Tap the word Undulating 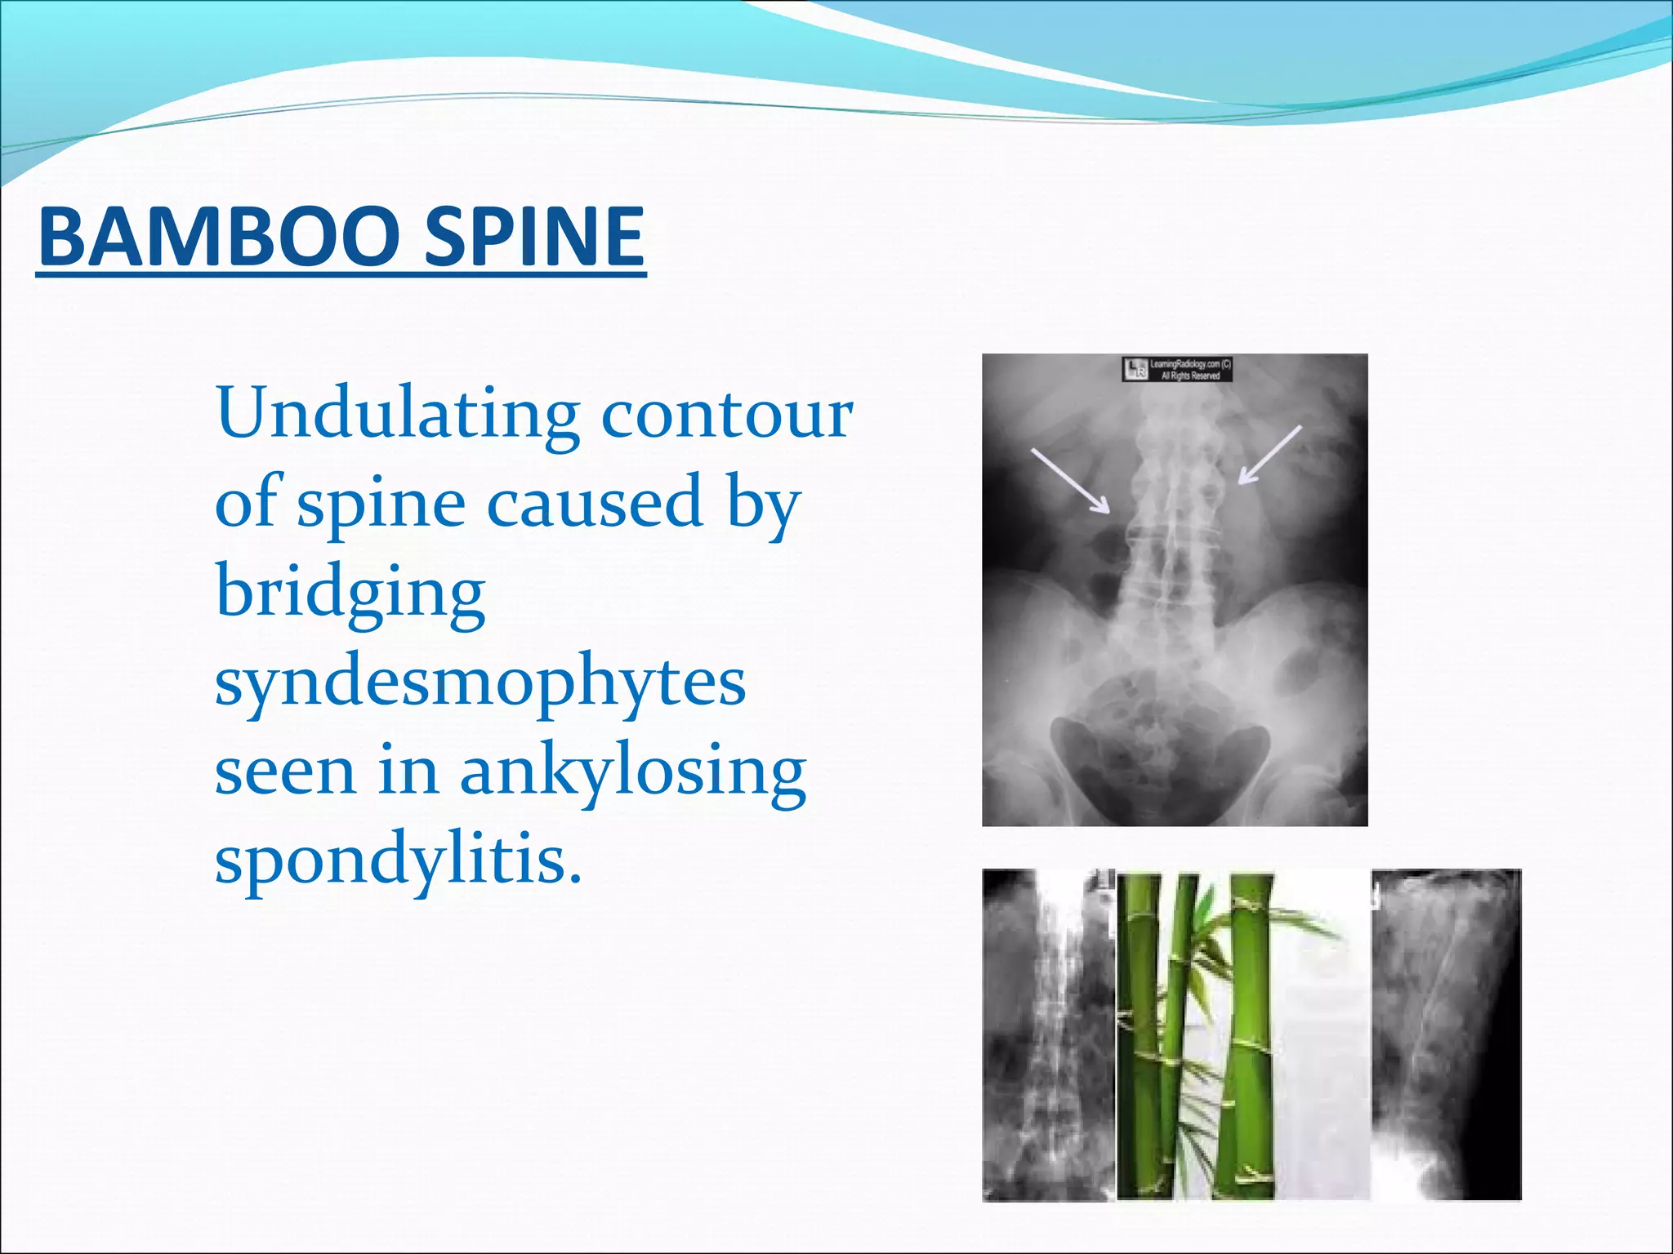click(x=398, y=414)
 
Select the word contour click(x=727, y=414)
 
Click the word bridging click(x=350, y=594)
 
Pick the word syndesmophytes click(x=480, y=683)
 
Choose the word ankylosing click(x=633, y=773)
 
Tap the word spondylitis click(x=399, y=862)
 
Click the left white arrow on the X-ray click(x=1070, y=481)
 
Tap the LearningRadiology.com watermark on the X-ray click(x=1177, y=370)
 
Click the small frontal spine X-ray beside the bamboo click(x=1047, y=1037)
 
